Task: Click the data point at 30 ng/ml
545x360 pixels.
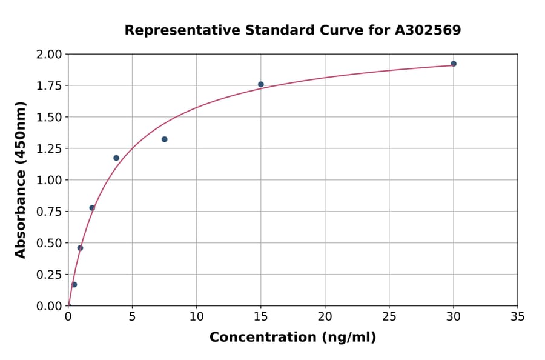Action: tap(454, 64)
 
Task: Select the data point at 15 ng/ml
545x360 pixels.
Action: tap(261, 84)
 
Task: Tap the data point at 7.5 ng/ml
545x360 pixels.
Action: tap(165, 139)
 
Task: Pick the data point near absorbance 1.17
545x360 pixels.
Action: tap(116, 158)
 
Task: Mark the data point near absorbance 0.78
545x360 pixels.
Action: tap(92, 208)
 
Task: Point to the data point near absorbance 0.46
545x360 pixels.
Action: tap(80, 248)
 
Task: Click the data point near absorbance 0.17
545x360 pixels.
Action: tap(74, 284)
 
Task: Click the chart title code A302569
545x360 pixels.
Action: tap(428, 30)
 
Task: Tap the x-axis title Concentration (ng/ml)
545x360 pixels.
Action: tap(292, 338)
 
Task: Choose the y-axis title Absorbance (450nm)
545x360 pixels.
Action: tap(21, 180)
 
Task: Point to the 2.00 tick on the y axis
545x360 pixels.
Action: tap(49, 55)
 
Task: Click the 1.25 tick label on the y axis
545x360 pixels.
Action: tap(49, 148)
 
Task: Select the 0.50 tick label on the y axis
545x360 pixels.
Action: tap(49, 243)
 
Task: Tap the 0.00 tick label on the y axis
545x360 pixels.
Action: tap(49, 306)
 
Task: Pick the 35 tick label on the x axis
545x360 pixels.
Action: tap(518, 316)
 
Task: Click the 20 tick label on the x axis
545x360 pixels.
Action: tap(325, 316)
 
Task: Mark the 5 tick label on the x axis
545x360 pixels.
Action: tap(133, 316)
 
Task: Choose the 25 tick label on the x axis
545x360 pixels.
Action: tap(389, 316)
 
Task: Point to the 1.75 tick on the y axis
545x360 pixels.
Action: tap(49, 86)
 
